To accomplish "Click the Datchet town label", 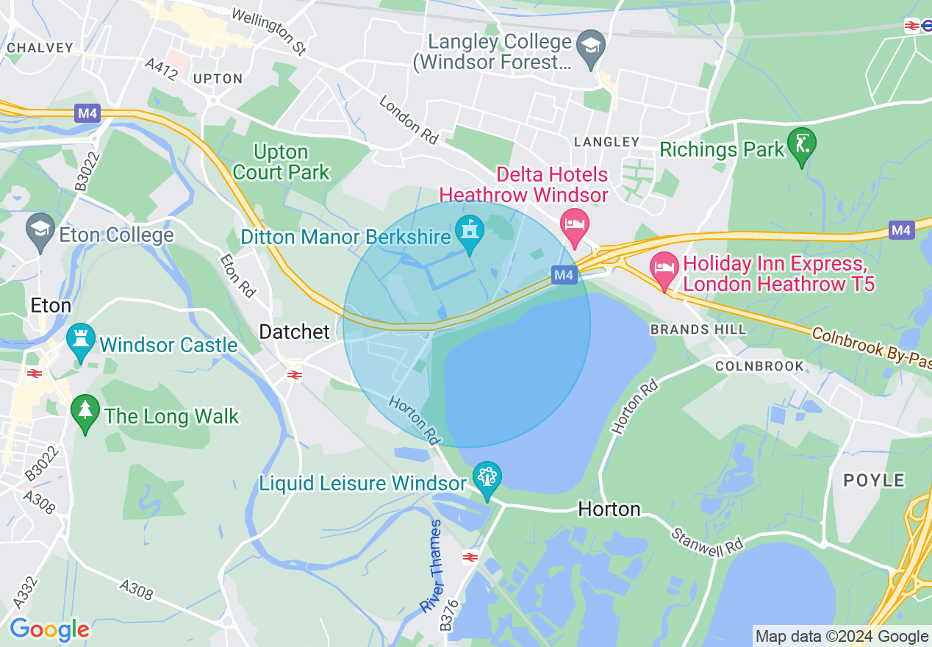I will pos(295,332).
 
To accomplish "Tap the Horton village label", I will pos(609,509).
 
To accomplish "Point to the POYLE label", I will pos(874,481).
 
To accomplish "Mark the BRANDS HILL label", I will pos(698,329).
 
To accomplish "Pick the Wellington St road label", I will pos(268,32).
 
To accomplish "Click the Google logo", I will pos(49,629).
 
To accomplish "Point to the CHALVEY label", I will pos(40,48).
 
